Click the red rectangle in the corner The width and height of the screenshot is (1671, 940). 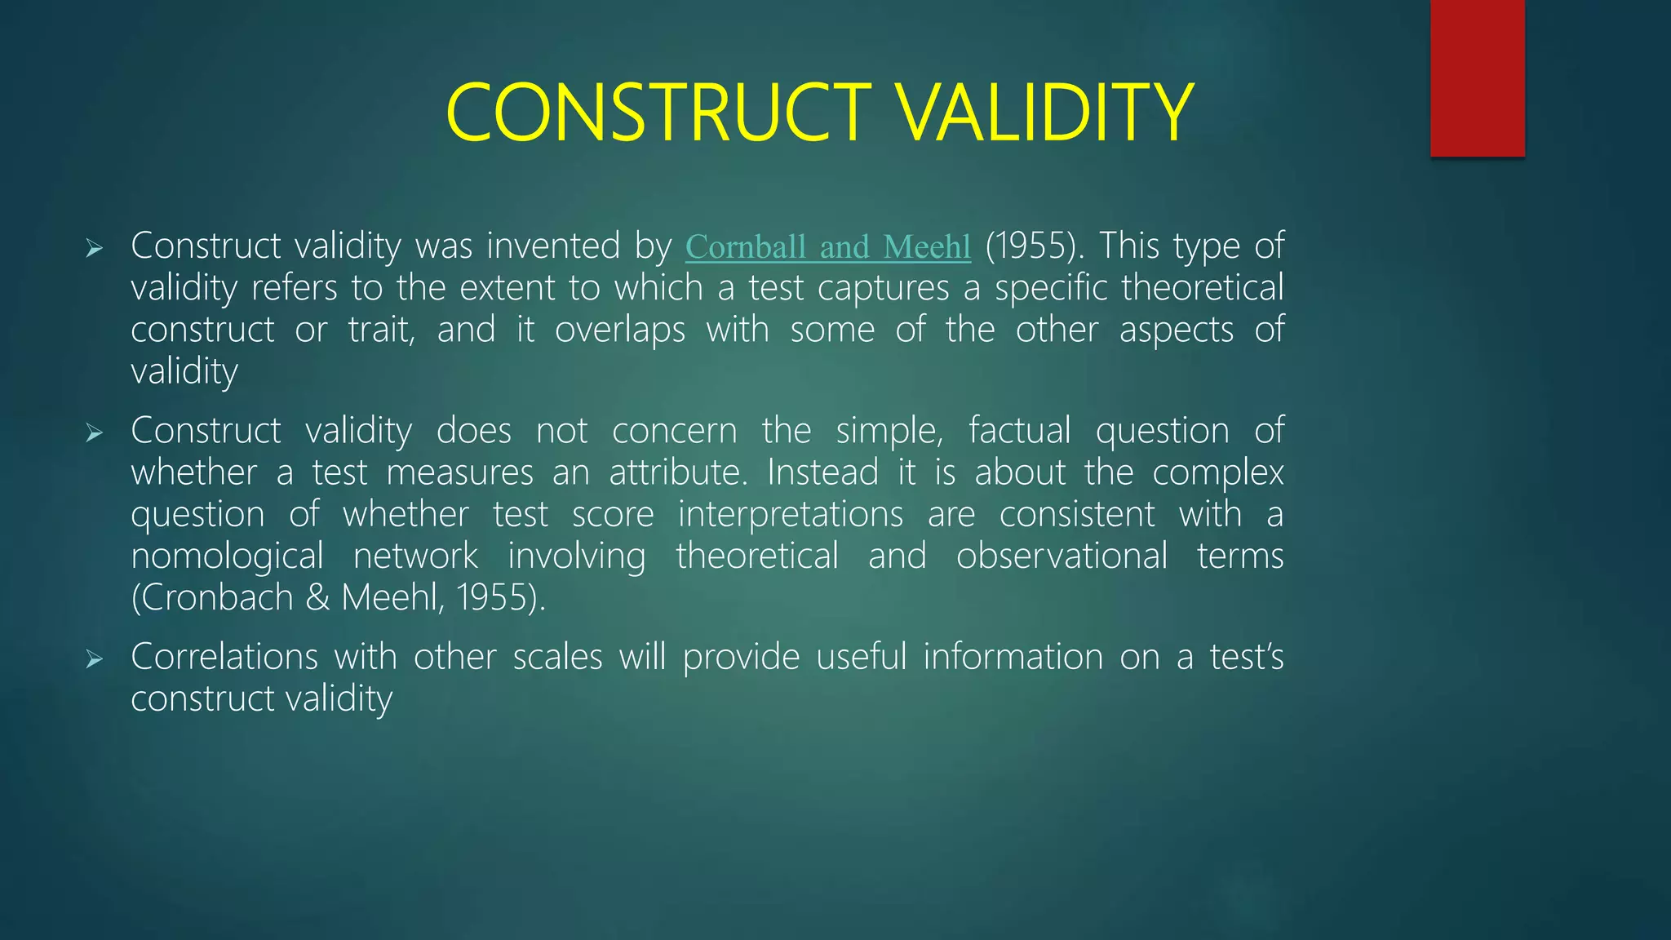coord(1477,78)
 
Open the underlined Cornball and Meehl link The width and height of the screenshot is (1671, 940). coord(827,247)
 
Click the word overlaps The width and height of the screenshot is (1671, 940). coord(620,330)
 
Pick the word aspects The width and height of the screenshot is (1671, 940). coord(1176,330)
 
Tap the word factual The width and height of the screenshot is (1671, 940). coord(1019,431)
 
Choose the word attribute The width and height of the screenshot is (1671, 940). coord(677,473)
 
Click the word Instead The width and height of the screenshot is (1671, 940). coord(822,473)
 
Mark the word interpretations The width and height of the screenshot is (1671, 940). coord(791,515)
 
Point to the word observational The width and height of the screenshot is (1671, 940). coord(1062,556)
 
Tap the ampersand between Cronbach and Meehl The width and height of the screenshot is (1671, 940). coord(317,598)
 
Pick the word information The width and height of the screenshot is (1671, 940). coord(1013,658)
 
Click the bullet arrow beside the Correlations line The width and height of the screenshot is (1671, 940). coord(95,659)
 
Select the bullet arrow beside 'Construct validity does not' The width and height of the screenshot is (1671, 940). coord(95,432)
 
